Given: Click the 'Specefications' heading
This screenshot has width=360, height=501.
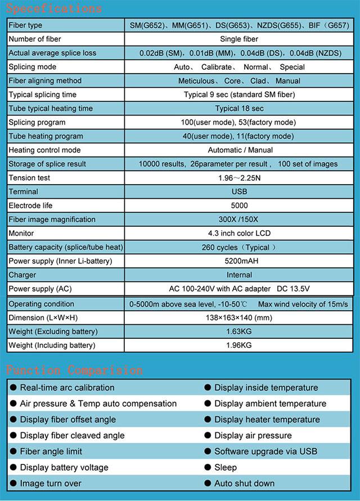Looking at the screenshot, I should (x=54, y=8).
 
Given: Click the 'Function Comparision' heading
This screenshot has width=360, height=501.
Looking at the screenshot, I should (x=74, y=370).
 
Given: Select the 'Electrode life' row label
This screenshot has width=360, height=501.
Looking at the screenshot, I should (x=30, y=205).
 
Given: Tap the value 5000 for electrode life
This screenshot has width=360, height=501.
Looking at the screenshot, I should (x=239, y=205).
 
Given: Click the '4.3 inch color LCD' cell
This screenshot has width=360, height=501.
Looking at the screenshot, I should (x=239, y=233).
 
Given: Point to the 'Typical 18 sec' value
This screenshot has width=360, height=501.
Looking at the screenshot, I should (x=239, y=109).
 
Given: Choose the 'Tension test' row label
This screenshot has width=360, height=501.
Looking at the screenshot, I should (x=29, y=178).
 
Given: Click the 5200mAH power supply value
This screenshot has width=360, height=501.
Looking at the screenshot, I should (x=239, y=261).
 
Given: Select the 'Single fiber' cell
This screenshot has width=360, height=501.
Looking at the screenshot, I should (x=239, y=39).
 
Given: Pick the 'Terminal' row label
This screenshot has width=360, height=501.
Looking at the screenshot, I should (x=24, y=192).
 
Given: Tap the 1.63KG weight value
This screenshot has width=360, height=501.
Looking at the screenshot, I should (x=239, y=332).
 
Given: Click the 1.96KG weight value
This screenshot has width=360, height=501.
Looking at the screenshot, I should (x=239, y=345).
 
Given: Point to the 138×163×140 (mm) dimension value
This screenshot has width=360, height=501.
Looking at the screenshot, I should (x=239, y=317).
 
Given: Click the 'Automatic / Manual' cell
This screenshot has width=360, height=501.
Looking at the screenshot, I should (x=240, y=150).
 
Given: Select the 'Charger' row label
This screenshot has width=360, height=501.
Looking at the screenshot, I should (x=22, y=275).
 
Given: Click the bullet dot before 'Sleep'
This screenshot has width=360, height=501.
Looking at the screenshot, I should (x=208, y=467).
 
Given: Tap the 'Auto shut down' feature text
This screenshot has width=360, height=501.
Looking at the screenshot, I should (x=244, y=483).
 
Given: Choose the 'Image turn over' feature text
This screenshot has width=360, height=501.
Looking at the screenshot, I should (x=51, y=483).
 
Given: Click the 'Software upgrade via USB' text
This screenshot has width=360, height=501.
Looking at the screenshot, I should (x=265, y=451).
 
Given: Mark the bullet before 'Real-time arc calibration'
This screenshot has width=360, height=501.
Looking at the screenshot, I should (x=13, y=387).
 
